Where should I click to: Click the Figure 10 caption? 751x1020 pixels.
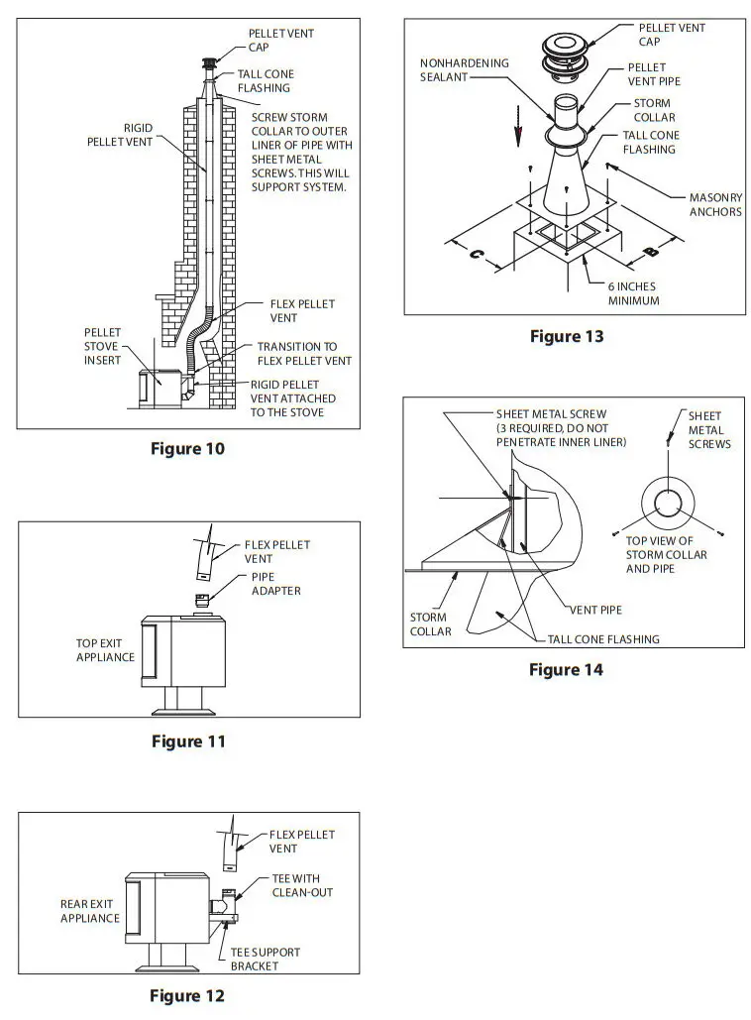[187, 449]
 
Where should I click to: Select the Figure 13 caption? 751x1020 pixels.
[567, 336]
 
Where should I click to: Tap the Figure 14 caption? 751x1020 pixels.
[566, 670]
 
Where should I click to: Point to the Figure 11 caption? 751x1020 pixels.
[188, 741]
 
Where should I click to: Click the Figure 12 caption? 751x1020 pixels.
[187, 995]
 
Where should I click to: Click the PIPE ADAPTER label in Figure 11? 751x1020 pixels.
[276, 584]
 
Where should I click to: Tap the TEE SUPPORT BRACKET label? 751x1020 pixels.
[266, 959]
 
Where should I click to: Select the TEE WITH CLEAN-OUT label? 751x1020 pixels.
[302, 885]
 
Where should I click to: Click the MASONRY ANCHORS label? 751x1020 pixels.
[715, 204]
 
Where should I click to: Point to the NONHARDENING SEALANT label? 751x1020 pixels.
[464, 69]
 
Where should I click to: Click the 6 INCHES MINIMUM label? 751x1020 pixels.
[633, 293]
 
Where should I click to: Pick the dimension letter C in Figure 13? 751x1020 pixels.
[476, 255]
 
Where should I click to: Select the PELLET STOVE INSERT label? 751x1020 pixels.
[102, 346]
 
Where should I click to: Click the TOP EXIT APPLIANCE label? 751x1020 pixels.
[105, 650]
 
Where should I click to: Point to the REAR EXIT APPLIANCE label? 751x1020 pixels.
[90, 911]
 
